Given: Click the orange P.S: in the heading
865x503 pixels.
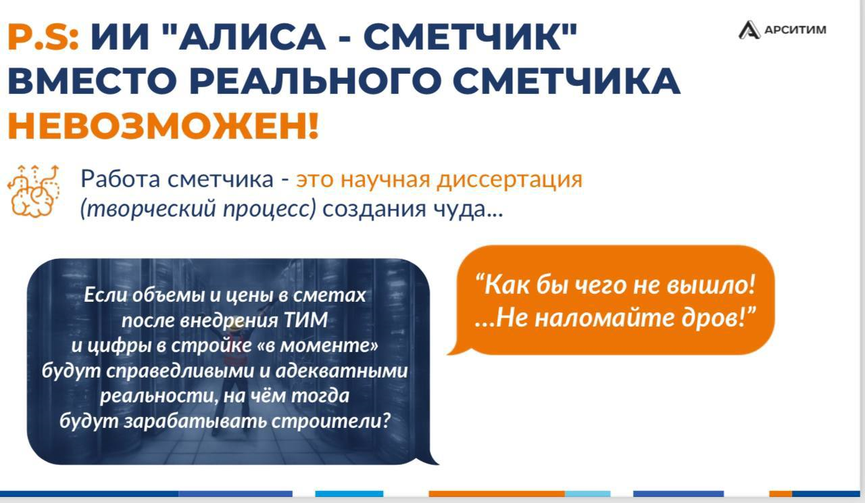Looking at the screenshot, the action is [43, 37].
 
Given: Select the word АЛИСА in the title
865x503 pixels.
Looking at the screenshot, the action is [252, 37].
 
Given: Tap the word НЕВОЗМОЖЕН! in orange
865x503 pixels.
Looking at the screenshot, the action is [164, 126].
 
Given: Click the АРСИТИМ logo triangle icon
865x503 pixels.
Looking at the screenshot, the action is [749, 30].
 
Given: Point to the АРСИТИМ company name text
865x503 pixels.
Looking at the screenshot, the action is [795, 30].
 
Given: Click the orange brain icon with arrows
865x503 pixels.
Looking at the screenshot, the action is [34, 191].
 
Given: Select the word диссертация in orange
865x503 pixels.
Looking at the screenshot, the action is [510, 180].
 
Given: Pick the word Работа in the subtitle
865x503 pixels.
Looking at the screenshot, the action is [120, 179].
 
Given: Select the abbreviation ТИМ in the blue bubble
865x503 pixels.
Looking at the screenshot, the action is [306, 320].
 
